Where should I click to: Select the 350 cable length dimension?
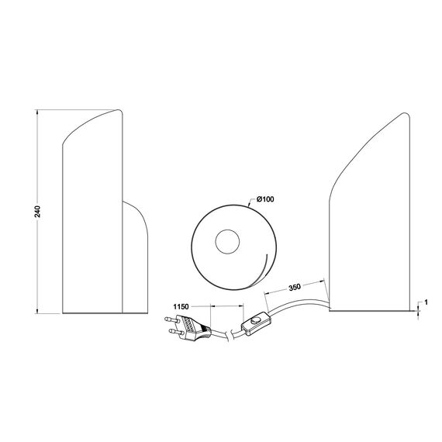click(295, 287)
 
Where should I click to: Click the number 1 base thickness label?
click(426, 302)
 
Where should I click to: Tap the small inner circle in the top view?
click(230, 241)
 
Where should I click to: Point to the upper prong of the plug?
click(171, 319)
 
